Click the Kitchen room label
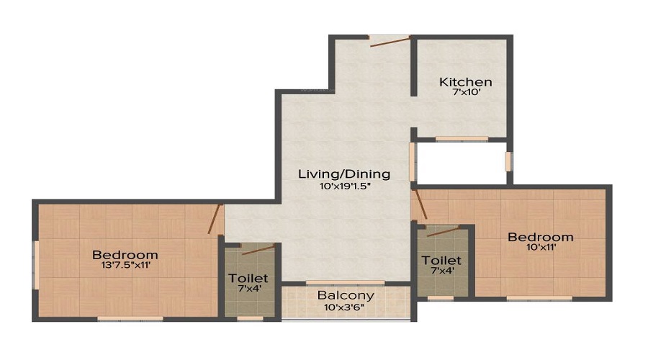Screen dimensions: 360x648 [466, 82]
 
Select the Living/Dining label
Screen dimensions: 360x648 [345, 174]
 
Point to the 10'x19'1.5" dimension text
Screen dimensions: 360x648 [345, 186]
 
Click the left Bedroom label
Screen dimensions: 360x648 [125, 254]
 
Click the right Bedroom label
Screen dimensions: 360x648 [540, 237]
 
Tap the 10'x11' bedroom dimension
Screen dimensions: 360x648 [541, 248]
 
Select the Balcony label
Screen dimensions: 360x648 [346, 295]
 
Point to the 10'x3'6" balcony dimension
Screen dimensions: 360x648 [346, 307]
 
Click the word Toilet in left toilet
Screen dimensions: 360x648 [248, 278]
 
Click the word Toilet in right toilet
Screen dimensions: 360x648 [442, 260]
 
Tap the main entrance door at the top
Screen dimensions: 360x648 [390, 41]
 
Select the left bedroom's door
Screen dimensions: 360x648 [215, 219]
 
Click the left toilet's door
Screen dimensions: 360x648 [258, 250]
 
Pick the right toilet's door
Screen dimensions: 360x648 [443, 231]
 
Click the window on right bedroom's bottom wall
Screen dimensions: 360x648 [539, 298]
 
